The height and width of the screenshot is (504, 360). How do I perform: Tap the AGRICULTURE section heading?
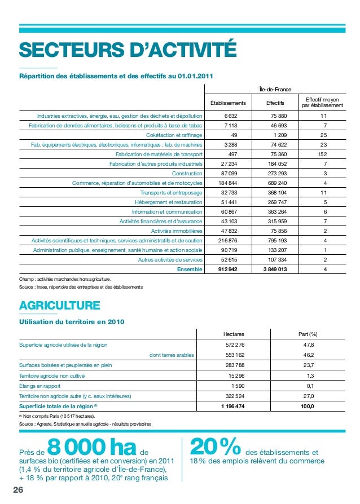pyautogui.click(x=60, y=306)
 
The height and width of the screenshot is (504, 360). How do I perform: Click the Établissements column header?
pyautogui.click(x=228, y=103)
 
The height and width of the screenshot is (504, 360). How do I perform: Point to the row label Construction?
pyautogui.click(x=187, y=173)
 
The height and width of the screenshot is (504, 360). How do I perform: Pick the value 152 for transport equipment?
pyautogui.click(x=322, y=154)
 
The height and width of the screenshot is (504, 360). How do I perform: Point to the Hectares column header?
pyautogui.click(x=234, y=334)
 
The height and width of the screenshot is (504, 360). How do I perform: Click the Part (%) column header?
pyautogui.click(x=308, y=334)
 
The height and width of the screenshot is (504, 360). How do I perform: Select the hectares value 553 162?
pyautogui.click(x=235, y=355)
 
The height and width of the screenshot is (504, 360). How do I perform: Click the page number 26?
pyautogui.click(x=19, y=490)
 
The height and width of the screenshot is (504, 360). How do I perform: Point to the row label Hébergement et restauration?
pyautogui.click(x=168, y=202)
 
